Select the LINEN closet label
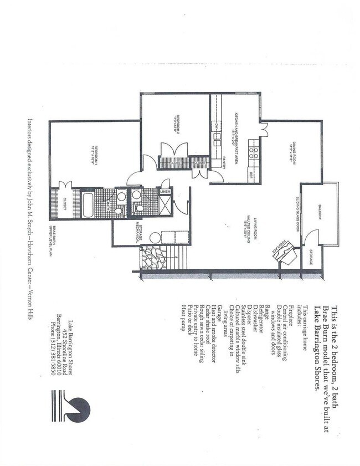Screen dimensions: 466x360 tap(166, 192)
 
